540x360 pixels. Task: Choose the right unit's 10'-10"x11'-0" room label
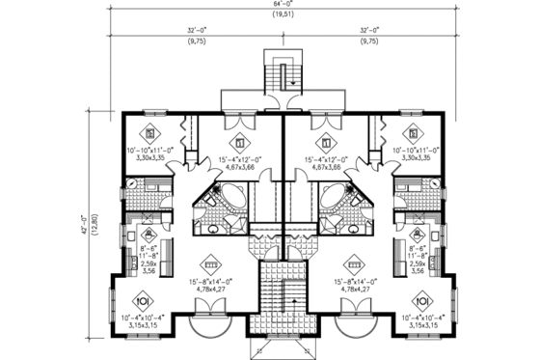[415, 152]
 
